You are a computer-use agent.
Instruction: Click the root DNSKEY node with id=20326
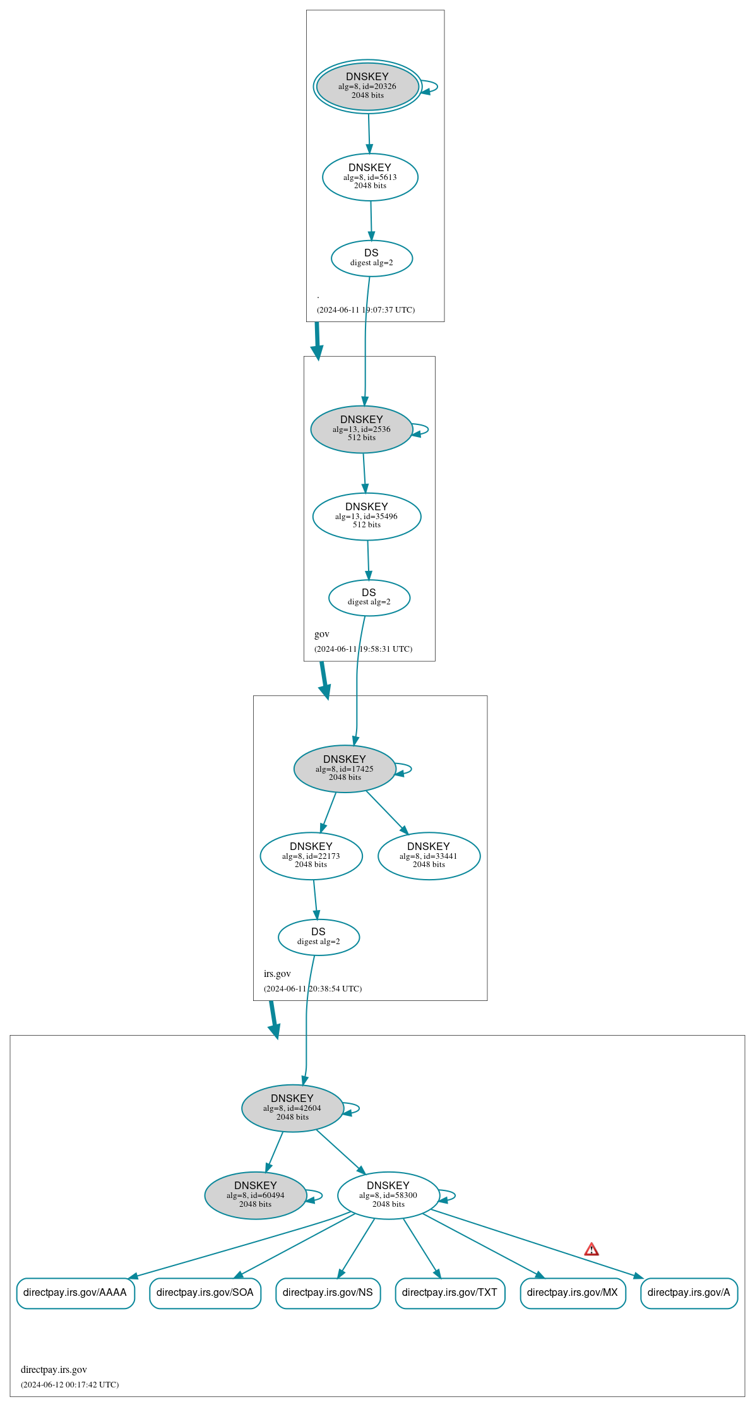tap(367, 87)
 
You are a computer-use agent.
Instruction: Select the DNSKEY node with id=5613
tap(370, 177)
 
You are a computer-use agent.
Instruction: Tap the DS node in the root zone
tap(372, 258)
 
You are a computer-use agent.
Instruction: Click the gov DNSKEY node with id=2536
tap(362, 429)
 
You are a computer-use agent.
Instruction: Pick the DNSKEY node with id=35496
tap(367, 516)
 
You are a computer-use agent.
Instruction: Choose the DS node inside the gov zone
tap(369, 597)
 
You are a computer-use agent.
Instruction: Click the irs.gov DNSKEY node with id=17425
tap(345, 769)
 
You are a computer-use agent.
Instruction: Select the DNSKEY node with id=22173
tap(311, 856)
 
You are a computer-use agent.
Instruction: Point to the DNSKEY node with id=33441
tap(429, 856)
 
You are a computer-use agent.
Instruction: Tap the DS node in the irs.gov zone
tap(319, 937)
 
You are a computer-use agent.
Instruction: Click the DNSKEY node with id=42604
tap(292, 1108)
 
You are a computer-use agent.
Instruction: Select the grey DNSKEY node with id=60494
tap(256, 1195)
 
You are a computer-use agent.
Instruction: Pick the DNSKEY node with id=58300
tap(388, 1195)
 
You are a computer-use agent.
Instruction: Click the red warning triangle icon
tap(592, 1249)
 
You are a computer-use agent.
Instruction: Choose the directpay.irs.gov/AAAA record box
tap(75, 1293)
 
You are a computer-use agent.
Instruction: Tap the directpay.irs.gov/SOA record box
tap(205, 1293)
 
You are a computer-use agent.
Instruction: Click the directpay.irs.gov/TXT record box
tap(449, 1293)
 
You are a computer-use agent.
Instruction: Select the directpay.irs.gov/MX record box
tap(573, 1293)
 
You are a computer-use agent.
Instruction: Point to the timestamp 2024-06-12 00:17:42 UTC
tap(69, 1384)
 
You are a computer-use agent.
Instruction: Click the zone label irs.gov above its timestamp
tap(277, 974)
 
